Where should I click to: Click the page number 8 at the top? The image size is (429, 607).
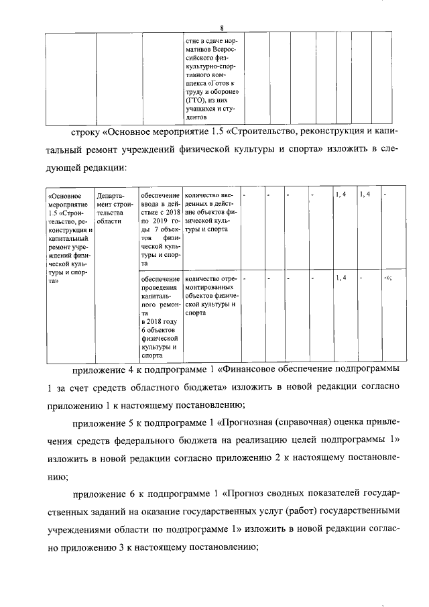coord(221,27)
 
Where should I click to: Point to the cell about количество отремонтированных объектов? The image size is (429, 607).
coord(210,294)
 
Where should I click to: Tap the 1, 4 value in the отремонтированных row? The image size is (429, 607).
coord(341,278)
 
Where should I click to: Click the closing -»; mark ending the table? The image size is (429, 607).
coord(387,278)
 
